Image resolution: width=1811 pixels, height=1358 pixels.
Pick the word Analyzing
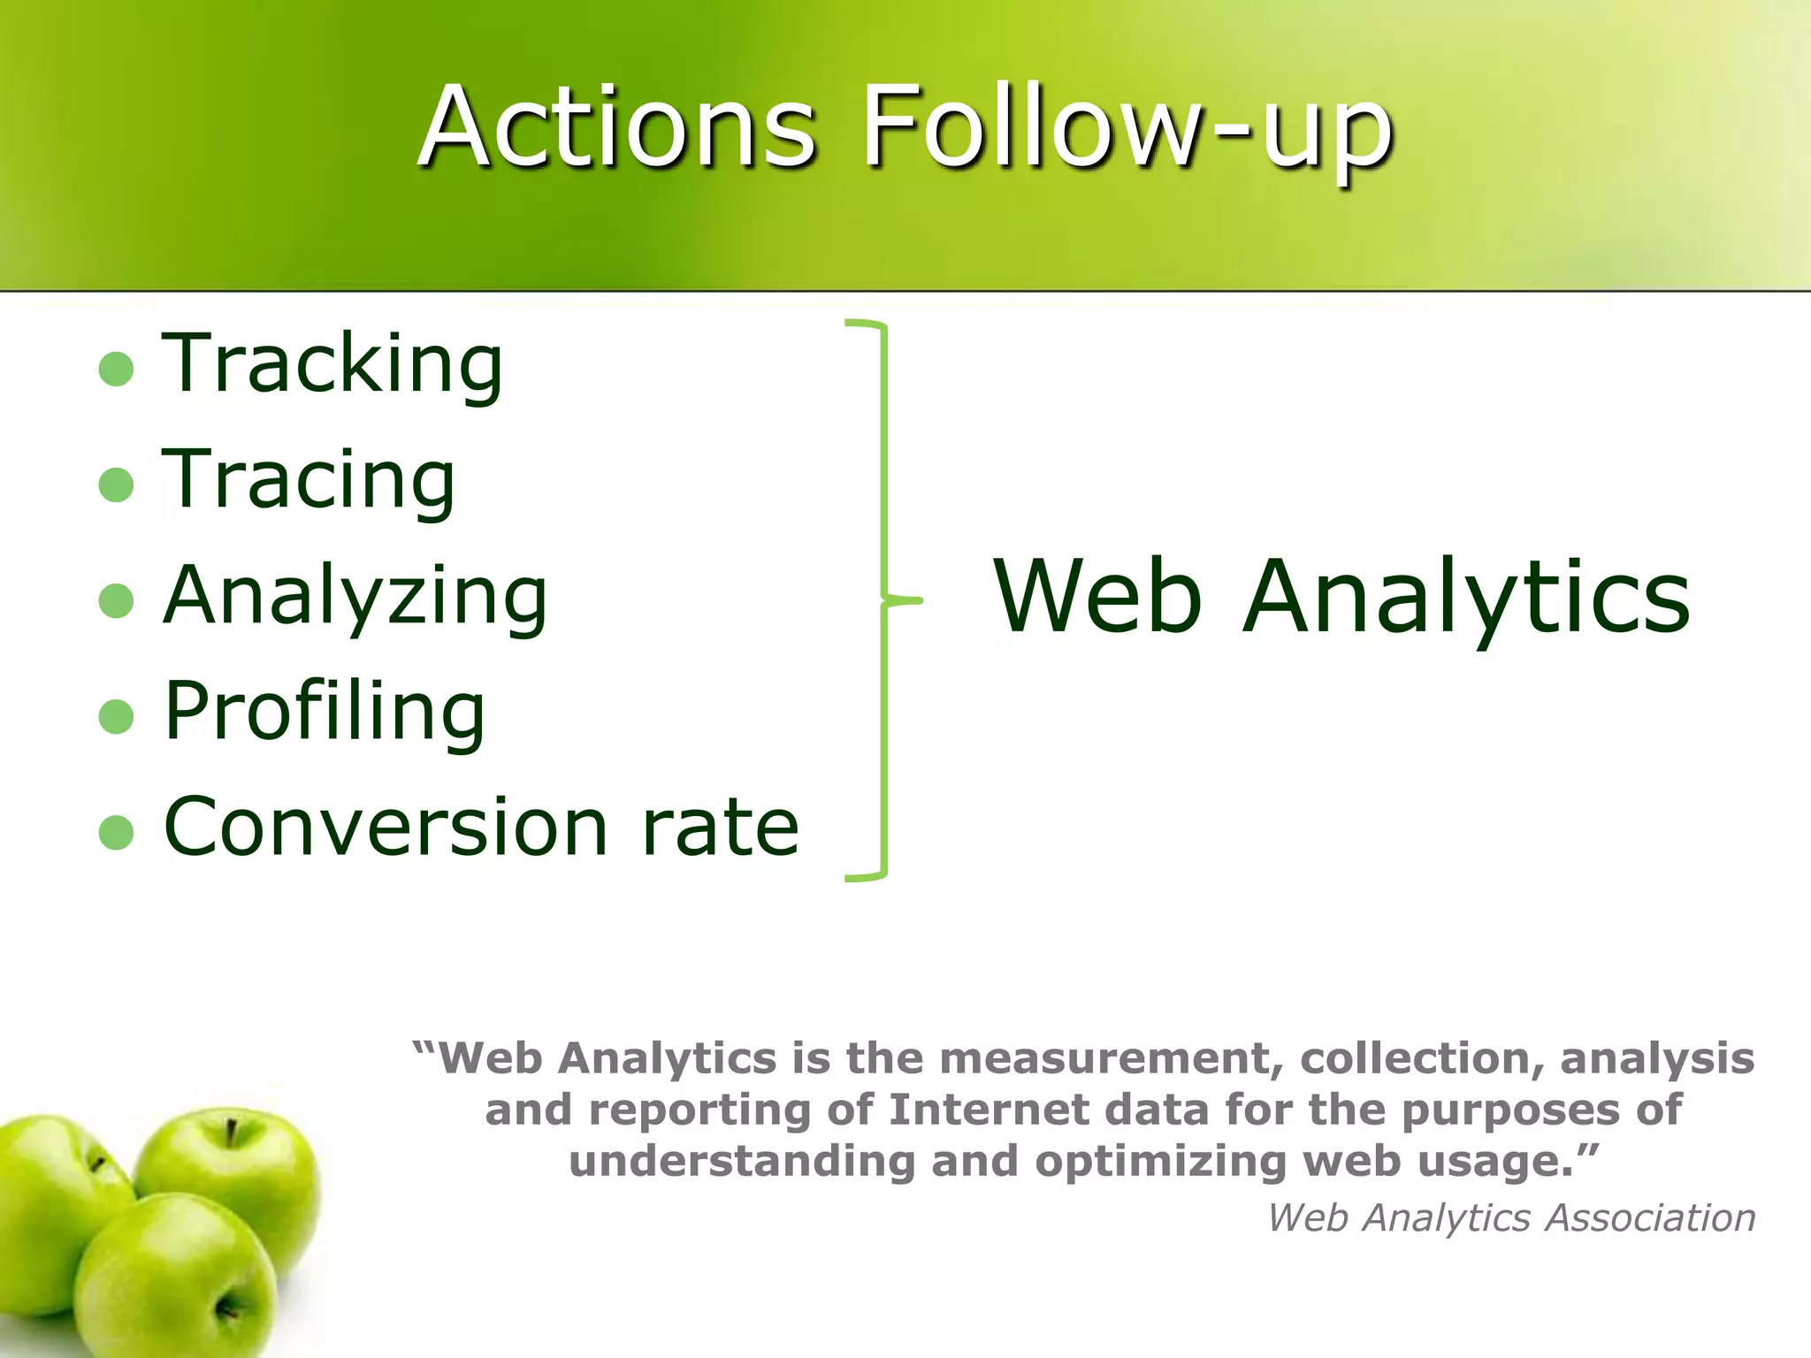[x=355, y=597]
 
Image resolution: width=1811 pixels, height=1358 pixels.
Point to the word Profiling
[x=325, y=713]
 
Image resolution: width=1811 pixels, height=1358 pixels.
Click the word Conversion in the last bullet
[x=386, y=828]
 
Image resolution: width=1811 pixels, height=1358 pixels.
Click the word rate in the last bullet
[x=720, y=828]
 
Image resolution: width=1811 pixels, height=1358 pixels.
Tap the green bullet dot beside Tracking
[x=116, y=369]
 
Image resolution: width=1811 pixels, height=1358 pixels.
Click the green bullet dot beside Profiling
[x=116, y=717]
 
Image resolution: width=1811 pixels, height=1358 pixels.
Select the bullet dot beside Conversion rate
[x=116, y=832]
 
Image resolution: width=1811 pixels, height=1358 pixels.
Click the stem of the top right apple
[x=231, y=1131]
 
